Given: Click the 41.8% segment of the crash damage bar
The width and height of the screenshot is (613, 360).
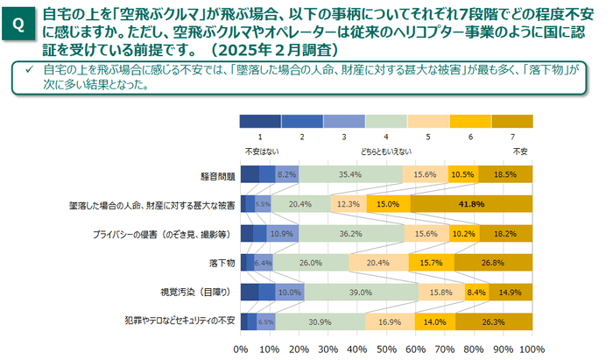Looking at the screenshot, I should [x=470, y=204].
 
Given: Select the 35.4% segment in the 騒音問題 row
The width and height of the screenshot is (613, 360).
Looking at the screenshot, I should [x=350, y=174].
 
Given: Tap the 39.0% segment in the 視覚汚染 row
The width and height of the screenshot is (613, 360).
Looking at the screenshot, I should [x=355, y=292].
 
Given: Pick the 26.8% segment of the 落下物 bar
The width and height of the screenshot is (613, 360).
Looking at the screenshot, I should [x=491, y=262].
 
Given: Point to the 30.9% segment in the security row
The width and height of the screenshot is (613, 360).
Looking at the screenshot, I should [x=320, y=321].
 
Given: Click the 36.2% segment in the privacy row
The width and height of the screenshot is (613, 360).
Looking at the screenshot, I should [x=351, y=233].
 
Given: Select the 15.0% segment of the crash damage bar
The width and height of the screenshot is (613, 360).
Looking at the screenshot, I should [x=388, y=204].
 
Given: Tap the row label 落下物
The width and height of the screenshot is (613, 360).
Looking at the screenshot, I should [x=222, y=263].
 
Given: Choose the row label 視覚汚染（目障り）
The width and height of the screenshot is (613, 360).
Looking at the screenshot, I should [x=201, y=292].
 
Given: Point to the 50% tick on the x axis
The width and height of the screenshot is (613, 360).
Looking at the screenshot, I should [x=384, y=347].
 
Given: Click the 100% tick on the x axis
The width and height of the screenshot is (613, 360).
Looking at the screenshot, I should [x=528, y=347].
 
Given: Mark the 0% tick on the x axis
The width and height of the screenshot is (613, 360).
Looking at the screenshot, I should [x=242, y=347].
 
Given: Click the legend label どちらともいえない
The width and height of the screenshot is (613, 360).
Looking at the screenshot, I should [x=386, y=151].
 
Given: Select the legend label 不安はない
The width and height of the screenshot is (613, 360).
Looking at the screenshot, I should [x=260, y=151].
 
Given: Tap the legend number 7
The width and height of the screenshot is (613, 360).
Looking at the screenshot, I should [x=512, y=137].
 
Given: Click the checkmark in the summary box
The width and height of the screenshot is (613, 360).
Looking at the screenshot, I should [x=30, y=69].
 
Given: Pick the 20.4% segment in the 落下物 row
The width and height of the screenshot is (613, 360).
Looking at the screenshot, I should [x=377, y=262].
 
